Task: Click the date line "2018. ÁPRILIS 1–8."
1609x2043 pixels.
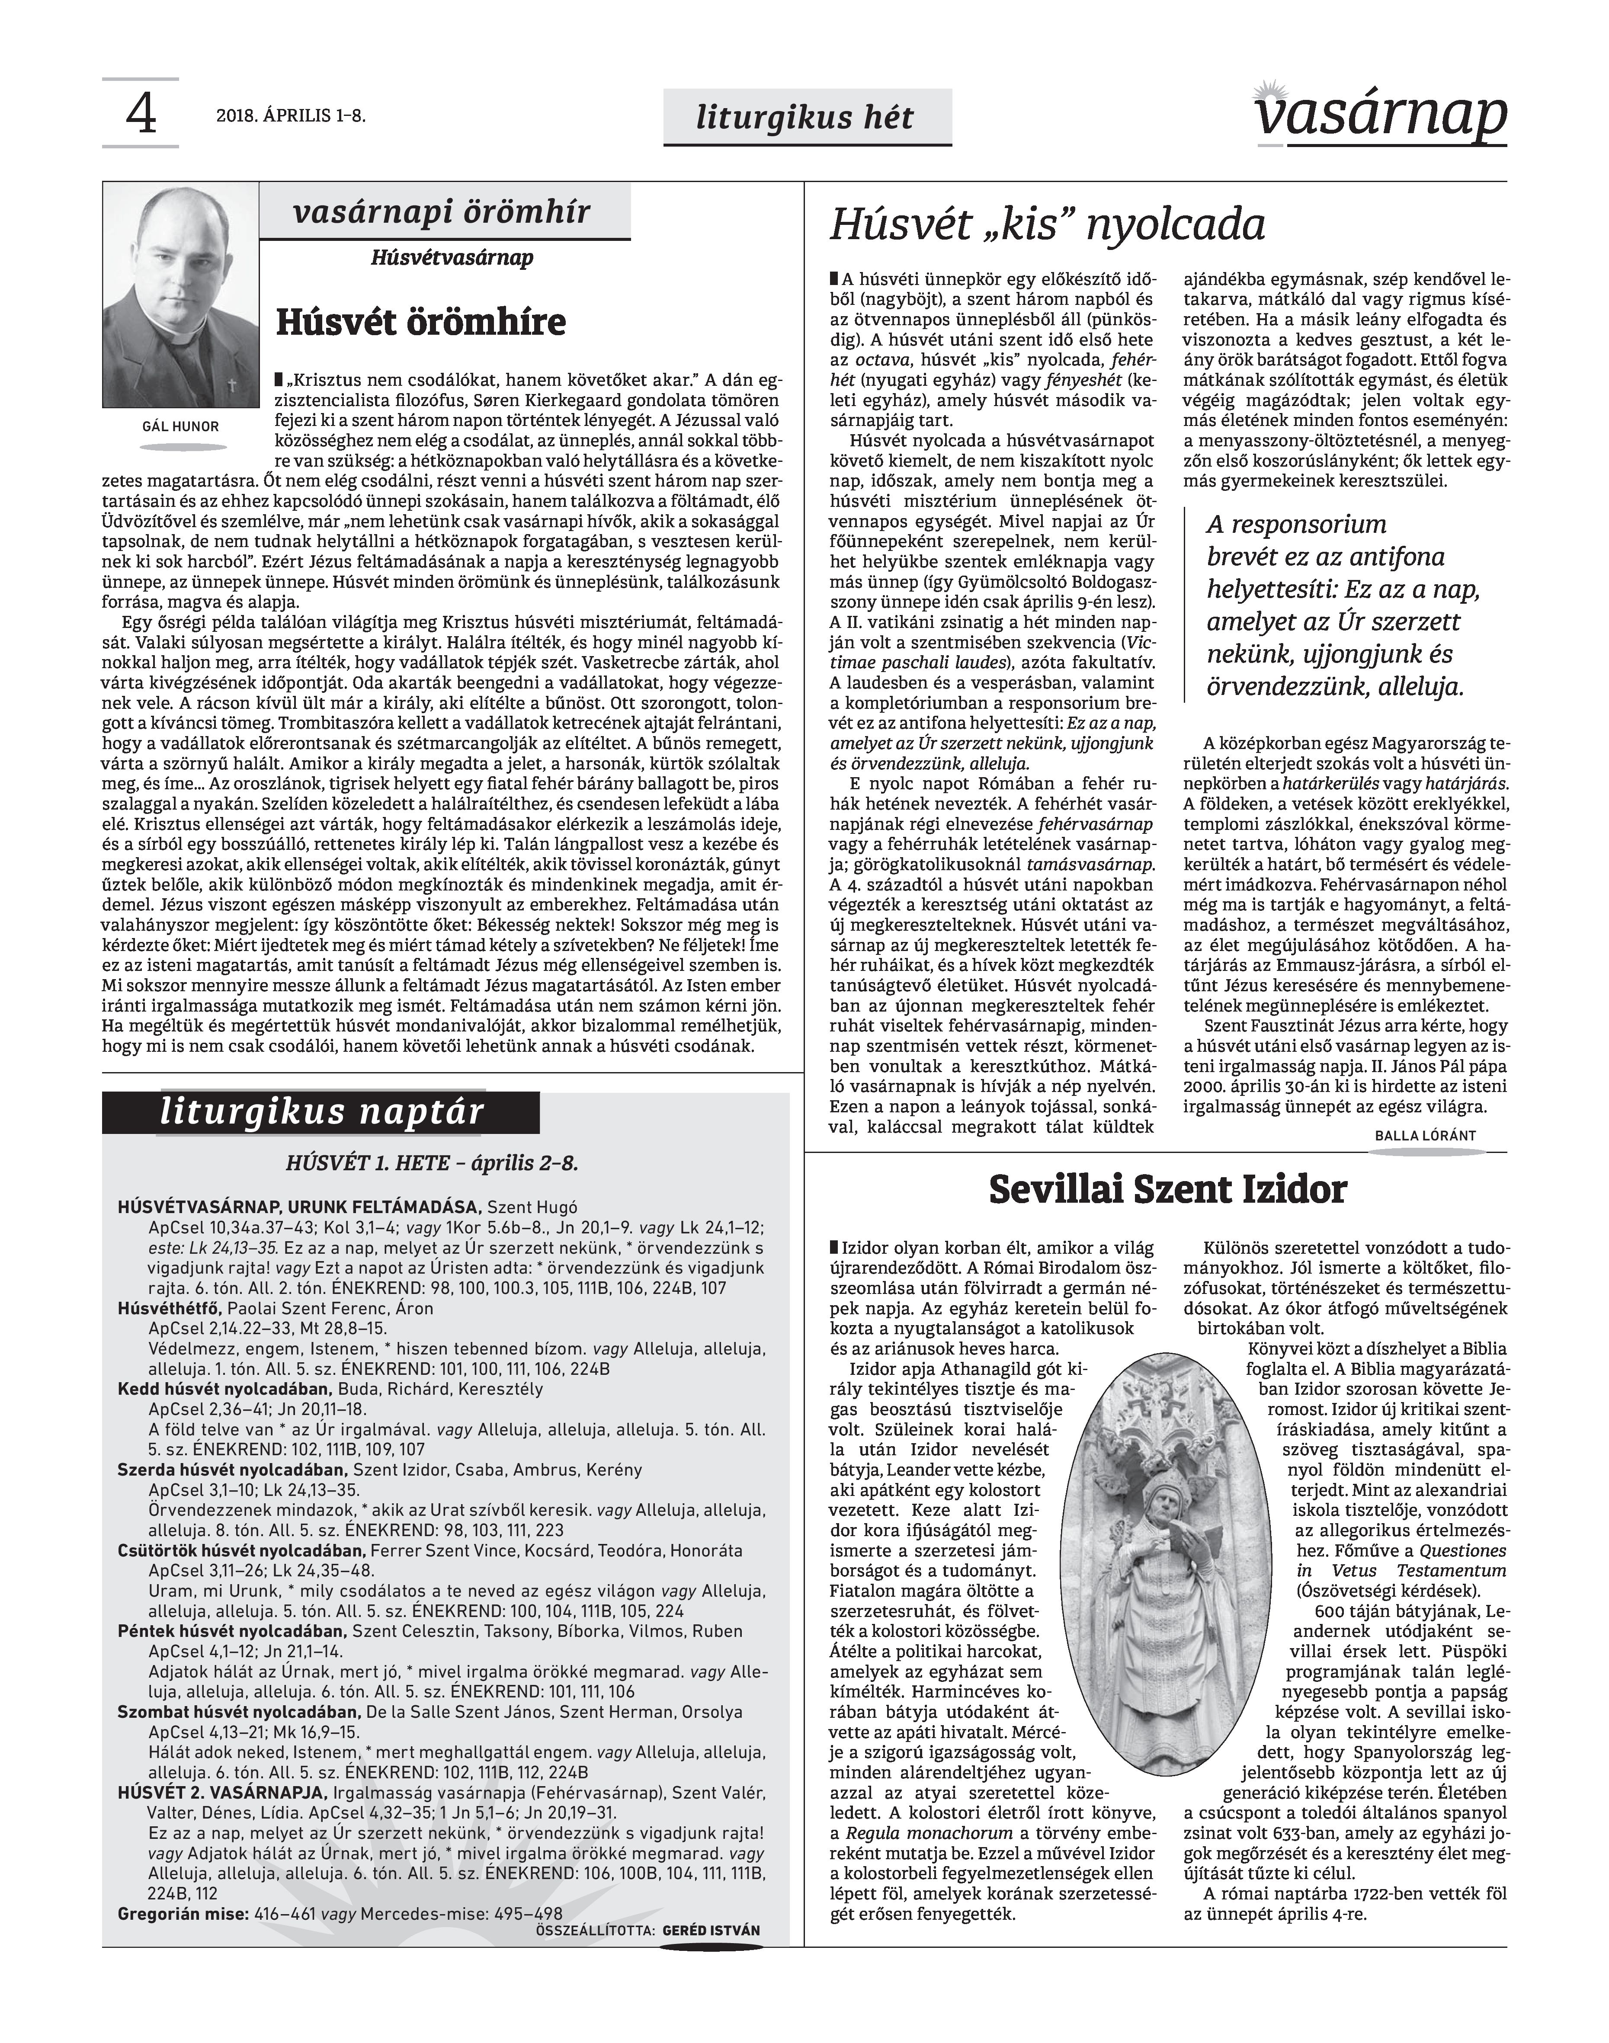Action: tap(290, 117)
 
